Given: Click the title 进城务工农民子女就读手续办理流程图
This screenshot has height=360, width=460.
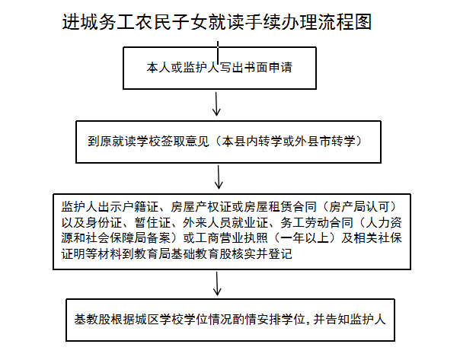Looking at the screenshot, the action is pyautogui.click(x=217, y=22).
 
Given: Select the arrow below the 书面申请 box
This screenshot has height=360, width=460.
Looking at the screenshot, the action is pyautogui.click(x=216, y=104).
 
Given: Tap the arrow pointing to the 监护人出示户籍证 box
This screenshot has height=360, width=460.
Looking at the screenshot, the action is pyautogui.click(x=219, y=177).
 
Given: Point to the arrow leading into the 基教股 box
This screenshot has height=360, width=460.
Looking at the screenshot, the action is pyautogui.click(x=217, y=283).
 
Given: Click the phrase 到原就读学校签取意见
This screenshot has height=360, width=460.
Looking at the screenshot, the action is pyautogui.click(x=149, y=142).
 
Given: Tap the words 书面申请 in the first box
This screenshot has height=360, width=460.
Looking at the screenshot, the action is pyautogui.click(x=268, y=68).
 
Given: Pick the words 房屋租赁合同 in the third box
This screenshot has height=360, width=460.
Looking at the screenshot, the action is pyautogui.click(x=280, y=207).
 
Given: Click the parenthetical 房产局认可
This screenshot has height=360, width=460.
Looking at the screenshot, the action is pyautogui.click(x=360, y=207).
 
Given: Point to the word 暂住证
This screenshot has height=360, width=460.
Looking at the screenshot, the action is pyautogui.click(x=152, y=222).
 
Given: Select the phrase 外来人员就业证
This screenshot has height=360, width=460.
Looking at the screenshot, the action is pyautogui.click(x=225, y=222).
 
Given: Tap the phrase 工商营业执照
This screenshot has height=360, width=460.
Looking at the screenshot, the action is pyautogui.click(x=232, y=237).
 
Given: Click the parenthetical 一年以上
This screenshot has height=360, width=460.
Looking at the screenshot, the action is pyautogui.click(x=305, y=237).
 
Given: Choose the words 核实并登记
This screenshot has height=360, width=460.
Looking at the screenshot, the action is pyautogui.click(x=262, y=253).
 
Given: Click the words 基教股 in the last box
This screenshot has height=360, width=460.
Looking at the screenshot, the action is pyautogui.click(x=92, y=319).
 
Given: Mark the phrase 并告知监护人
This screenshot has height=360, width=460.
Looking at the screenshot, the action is pyautogui.click(x=350, y=319).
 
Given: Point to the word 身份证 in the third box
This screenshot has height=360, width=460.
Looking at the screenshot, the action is pyautogui.click(x=104, y=222).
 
